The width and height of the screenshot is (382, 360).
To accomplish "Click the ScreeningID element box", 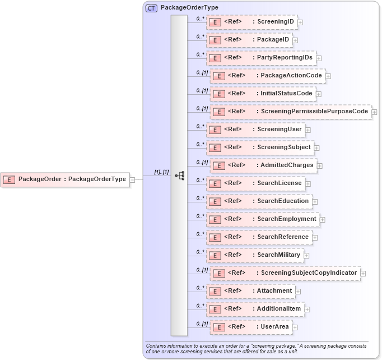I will tap(251, 22).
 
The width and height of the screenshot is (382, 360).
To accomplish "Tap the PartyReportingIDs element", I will tap(260, 58).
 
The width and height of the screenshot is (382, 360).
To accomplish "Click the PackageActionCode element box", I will tap(267, 76).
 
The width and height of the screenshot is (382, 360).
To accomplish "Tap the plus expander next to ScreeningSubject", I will tap(317, 148).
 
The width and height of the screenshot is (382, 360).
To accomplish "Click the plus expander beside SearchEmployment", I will tap(323, 220).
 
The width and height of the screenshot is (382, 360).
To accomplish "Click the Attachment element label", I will tap(274, 290).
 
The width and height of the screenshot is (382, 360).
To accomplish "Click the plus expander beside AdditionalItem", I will tap(307, 310).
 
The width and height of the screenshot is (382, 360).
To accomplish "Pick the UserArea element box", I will tap(252, 327).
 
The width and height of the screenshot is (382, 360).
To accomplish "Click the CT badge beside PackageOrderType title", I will tap(151, 8).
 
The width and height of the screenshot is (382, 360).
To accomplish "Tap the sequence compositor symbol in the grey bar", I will tap(179, 176).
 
